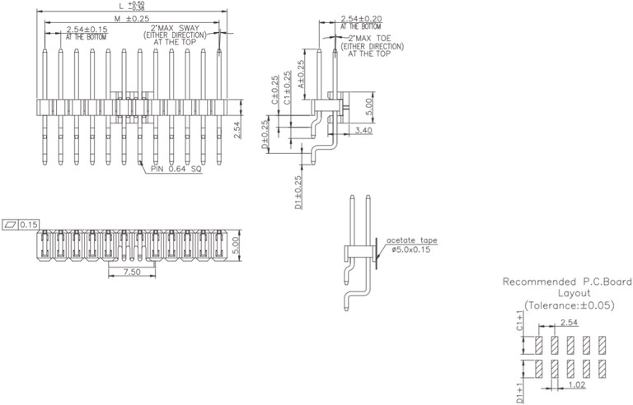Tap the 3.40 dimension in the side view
(x=363, y=129)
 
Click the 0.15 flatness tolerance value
(x=29, y=224)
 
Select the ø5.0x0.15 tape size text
(x=415, y=249)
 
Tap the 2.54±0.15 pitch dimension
(x=87, y=30)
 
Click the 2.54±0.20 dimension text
(x=361, y=18)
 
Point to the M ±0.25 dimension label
(x=131, y=17)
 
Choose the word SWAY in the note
(x=192, y=28)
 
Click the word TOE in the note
(x=385, y=38)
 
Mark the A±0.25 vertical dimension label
(x=302, y=74)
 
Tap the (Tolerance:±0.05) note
(x=569, y=305)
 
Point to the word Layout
(x=569, y=293)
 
